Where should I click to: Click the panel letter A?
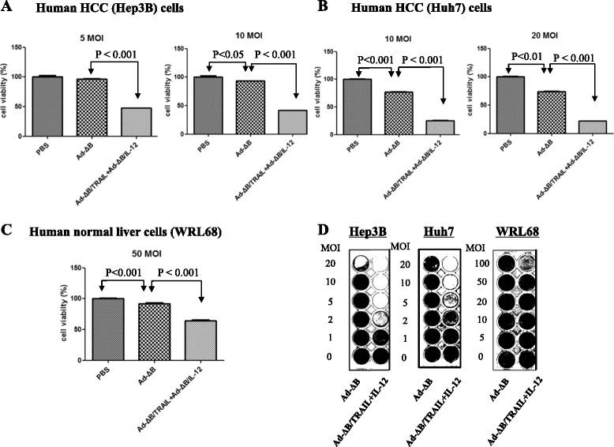pos(9,9)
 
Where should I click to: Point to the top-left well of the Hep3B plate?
pos(364,265)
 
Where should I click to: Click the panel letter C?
pos(9,231)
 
